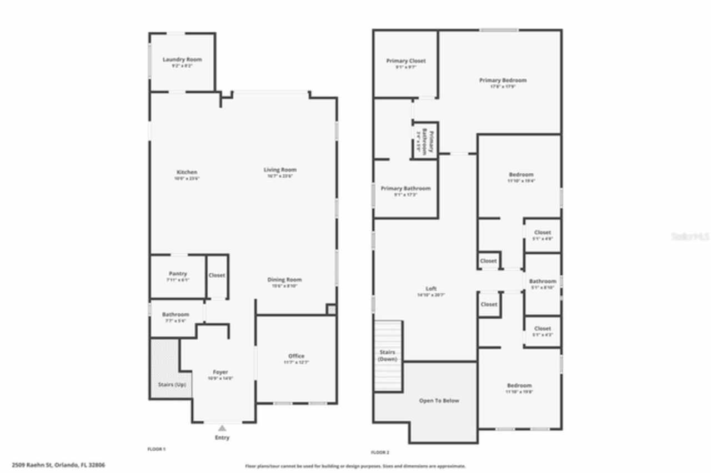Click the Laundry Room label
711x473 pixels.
182,59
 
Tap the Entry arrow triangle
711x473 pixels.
222,428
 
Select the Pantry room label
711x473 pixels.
178,274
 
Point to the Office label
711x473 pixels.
296,356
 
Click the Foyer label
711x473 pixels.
221,372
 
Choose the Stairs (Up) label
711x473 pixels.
172,385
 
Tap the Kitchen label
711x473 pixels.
187,172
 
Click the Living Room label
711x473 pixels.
280,170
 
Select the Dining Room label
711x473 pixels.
284,280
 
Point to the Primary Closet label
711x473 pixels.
406,61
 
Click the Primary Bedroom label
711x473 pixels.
503,80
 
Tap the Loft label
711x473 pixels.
431,289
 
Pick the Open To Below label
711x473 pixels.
439,400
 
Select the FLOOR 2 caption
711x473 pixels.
380,452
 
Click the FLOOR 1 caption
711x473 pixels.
156,448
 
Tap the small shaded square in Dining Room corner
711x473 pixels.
331,309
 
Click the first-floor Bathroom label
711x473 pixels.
176,315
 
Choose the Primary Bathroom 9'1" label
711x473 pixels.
405,189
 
